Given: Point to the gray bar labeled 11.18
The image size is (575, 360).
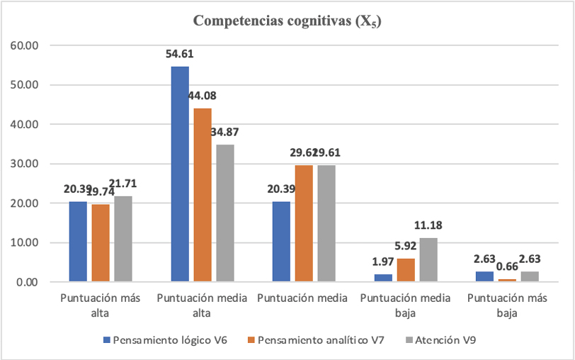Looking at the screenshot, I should pyautogui.click(x=429, y=259).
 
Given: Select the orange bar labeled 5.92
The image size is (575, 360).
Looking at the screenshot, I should pyautogui.click(x=406, y=270).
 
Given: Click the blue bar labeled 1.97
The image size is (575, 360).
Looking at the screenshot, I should pyautogui.click(x=384, y=278).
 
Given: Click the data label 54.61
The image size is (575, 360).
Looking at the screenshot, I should pyautogui.click(x=179, y=54).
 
